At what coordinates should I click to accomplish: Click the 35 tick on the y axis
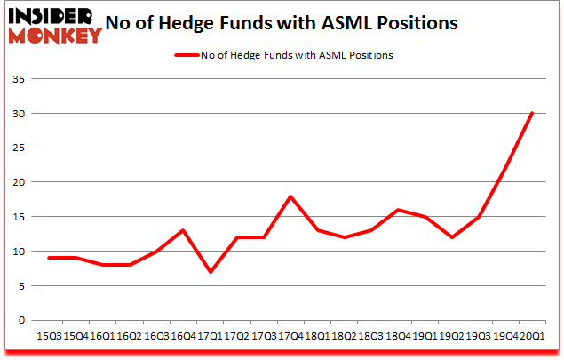point(20,79)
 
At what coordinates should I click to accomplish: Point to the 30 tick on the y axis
point(20,114)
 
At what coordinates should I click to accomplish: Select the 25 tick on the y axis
point(20,148)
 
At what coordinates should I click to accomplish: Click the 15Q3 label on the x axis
point(50,335)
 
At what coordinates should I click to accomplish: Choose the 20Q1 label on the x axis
point(533,335)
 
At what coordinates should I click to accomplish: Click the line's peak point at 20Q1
point(532,113)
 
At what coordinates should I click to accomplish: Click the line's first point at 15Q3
point(50,258)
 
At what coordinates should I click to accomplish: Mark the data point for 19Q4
point(505,168)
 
